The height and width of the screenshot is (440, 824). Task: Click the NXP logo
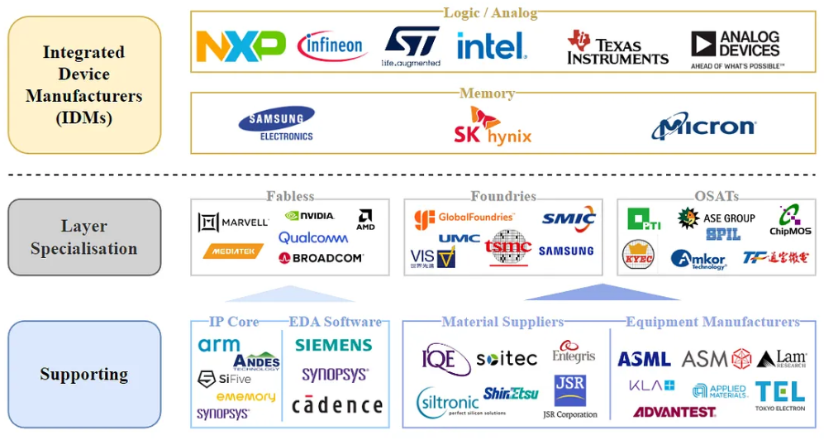[x=241, y=46]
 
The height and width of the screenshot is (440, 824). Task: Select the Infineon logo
[x=331, y=46]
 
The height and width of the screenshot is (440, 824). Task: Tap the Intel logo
[x=491, y=45]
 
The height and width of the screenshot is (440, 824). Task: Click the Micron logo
[x=703, y=127]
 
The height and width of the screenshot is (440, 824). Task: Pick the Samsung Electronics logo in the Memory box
[x=276, y=123]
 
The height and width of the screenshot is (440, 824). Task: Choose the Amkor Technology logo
[x=698, y=259]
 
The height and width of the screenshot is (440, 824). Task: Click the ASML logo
[x=644, y=359]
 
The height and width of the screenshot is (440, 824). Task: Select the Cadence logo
[x=337, y=405]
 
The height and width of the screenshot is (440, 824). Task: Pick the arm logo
[x=219, y=345]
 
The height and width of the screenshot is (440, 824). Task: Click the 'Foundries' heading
[x=502, y=196]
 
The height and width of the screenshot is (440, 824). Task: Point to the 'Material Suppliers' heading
[x=502, y=322]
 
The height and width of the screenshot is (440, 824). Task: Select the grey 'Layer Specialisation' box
[x=84, y=237]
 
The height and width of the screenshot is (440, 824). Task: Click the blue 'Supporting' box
[x=84, y=375]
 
